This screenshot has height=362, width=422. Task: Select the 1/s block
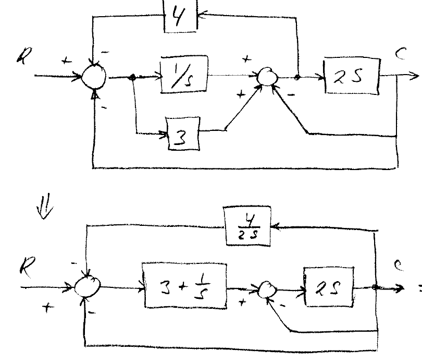tap(183, 76)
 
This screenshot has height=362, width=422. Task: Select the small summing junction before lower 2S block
tap(268, 289)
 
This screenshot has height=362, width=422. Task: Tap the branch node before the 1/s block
tap(133, 78)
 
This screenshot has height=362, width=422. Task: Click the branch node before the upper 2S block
tap(298, 78)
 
